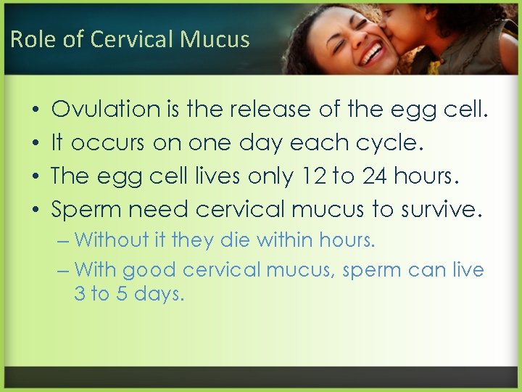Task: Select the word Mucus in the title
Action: pos(216,39)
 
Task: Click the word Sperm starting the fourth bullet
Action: pos(86,210)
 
